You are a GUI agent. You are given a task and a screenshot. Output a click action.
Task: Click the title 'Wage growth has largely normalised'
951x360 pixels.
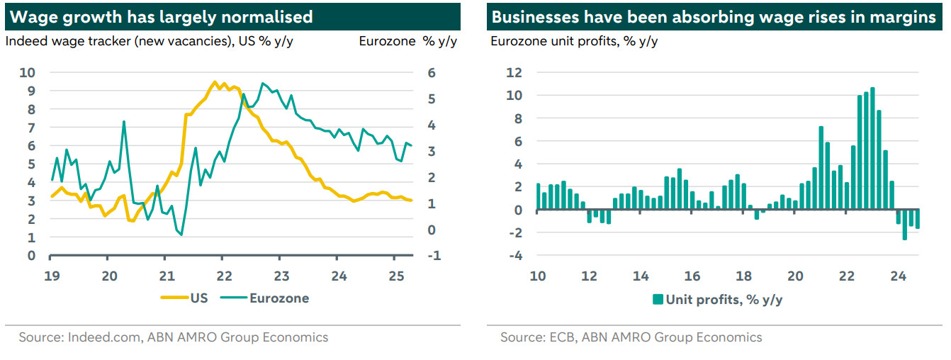[x=159, y=16]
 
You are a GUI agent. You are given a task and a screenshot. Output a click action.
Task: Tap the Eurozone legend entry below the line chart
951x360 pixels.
[x=269, y=298]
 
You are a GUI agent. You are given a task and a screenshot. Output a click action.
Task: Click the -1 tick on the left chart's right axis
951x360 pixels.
[x=434, y=256]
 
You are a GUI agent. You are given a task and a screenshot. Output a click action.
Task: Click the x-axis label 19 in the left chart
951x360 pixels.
[x=50, y=276]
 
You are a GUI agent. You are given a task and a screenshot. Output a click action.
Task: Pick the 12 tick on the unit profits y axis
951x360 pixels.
[x=514, y=72]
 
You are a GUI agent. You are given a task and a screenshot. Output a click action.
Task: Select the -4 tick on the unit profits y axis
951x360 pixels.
[x=514, y=256]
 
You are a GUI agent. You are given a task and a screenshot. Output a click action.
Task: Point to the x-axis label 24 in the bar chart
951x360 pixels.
[x=898, y=276]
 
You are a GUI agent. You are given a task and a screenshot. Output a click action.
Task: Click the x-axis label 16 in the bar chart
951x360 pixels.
[x=692, y=276]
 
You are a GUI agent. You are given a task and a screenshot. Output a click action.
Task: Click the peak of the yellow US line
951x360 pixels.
[x=214, y=82]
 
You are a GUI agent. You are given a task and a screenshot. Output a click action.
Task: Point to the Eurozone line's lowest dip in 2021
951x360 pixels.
[x=181, y=235]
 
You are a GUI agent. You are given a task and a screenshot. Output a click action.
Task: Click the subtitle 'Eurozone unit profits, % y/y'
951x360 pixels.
[x=574, y=40]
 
